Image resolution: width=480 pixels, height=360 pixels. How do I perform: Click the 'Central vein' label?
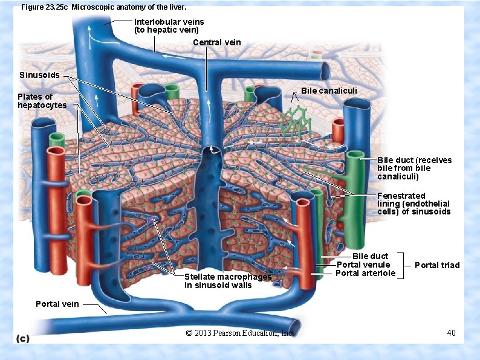(x=216, y=42)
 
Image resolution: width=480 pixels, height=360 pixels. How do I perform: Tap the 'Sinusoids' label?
(x=39, y=76)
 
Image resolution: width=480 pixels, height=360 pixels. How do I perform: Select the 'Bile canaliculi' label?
(x=329, y=91)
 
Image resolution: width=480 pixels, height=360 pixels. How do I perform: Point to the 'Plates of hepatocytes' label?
(x=42, y=101)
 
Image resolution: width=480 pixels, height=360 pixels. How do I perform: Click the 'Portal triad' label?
(x=437, y=265)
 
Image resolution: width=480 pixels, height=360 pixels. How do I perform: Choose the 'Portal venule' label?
(x=363, y=265)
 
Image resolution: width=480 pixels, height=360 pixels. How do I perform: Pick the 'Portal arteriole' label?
(x=365, y=273)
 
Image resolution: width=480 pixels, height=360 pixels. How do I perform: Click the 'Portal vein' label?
(x=57, y=304)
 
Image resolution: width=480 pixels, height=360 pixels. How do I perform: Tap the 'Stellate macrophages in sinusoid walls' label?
(x=227, y=281)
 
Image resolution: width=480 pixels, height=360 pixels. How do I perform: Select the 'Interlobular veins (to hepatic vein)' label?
(x=169, y=25)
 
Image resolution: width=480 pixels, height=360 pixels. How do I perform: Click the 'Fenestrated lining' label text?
(x=414, y=204)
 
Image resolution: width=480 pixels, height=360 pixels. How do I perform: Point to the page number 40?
(x=451, y=333)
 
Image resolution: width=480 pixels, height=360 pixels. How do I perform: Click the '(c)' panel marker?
(x=22, y=339)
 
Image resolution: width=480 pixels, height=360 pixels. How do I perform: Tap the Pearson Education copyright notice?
(x=239, y=333)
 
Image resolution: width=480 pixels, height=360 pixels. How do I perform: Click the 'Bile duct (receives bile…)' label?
(x=414, y=169)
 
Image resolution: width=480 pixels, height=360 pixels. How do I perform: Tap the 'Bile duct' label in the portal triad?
(x=370, y=256)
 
